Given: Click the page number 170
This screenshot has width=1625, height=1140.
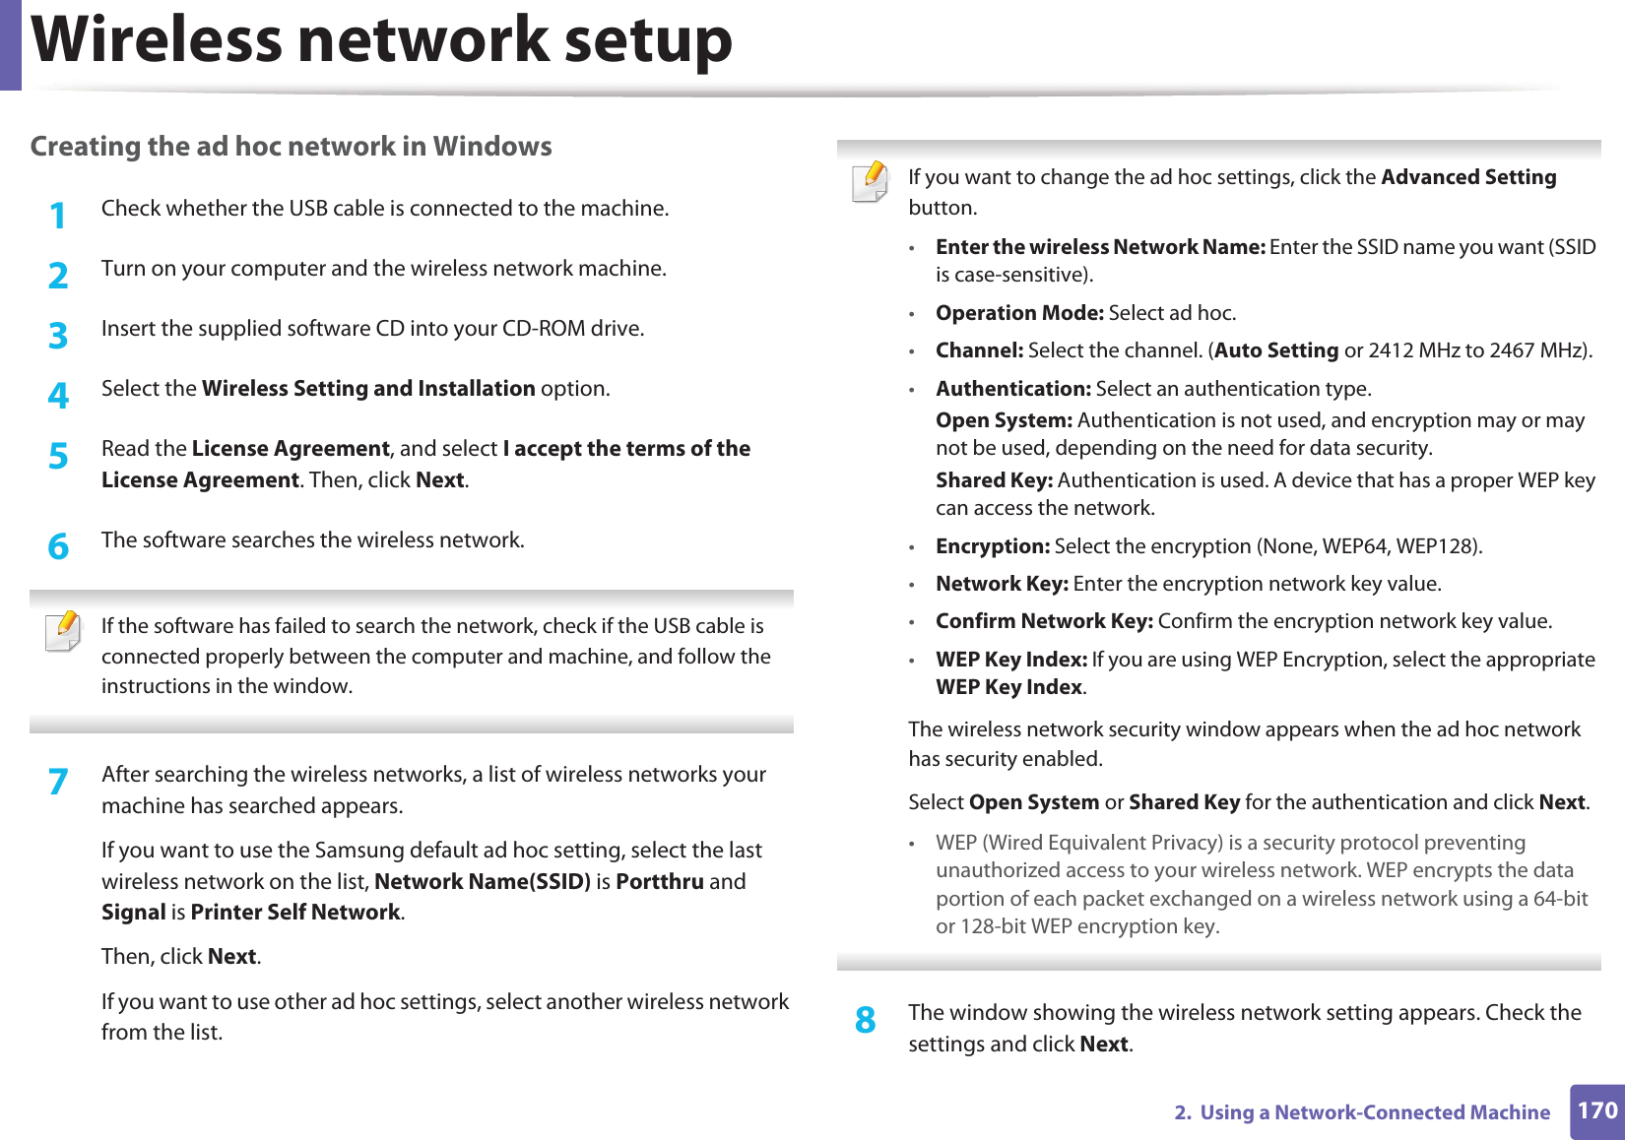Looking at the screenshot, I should point(1596,1110).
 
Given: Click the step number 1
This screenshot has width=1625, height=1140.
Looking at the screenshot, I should point(58,216).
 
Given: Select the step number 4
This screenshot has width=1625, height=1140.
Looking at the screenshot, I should point(58,396).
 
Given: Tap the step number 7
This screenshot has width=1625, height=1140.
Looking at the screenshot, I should point(58,782).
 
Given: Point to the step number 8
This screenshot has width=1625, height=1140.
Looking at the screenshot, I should point(865,1020).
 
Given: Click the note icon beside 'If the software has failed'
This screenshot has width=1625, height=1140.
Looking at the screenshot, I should point(64,631).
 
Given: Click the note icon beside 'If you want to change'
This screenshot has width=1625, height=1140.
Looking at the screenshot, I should point(871,182).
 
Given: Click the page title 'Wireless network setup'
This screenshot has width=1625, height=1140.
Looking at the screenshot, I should point(382,40).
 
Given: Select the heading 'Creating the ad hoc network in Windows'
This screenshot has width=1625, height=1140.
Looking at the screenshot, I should point(291,147).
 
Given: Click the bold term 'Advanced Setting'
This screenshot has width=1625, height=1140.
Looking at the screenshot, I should point(1468,177).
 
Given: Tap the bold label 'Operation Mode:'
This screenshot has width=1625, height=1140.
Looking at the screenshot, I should point(1019,313).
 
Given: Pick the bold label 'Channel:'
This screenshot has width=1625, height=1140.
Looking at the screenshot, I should point(979,350).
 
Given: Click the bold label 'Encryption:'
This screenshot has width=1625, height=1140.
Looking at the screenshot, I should point(993,546).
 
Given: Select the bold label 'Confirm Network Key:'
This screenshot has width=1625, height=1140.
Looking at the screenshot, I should point(1044,621).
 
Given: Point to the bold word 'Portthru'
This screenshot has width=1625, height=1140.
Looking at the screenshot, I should point(659,881).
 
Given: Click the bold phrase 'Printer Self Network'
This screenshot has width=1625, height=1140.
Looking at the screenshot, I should point(295,912).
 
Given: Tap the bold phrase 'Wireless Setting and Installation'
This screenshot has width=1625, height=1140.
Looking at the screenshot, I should point(368,389).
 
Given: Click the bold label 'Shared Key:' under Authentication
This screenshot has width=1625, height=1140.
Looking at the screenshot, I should point(994,480).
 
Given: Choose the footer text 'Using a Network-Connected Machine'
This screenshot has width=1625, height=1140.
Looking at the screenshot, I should point(1375,1112).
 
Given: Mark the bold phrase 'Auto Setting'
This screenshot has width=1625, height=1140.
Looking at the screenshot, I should point(1276,350).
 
